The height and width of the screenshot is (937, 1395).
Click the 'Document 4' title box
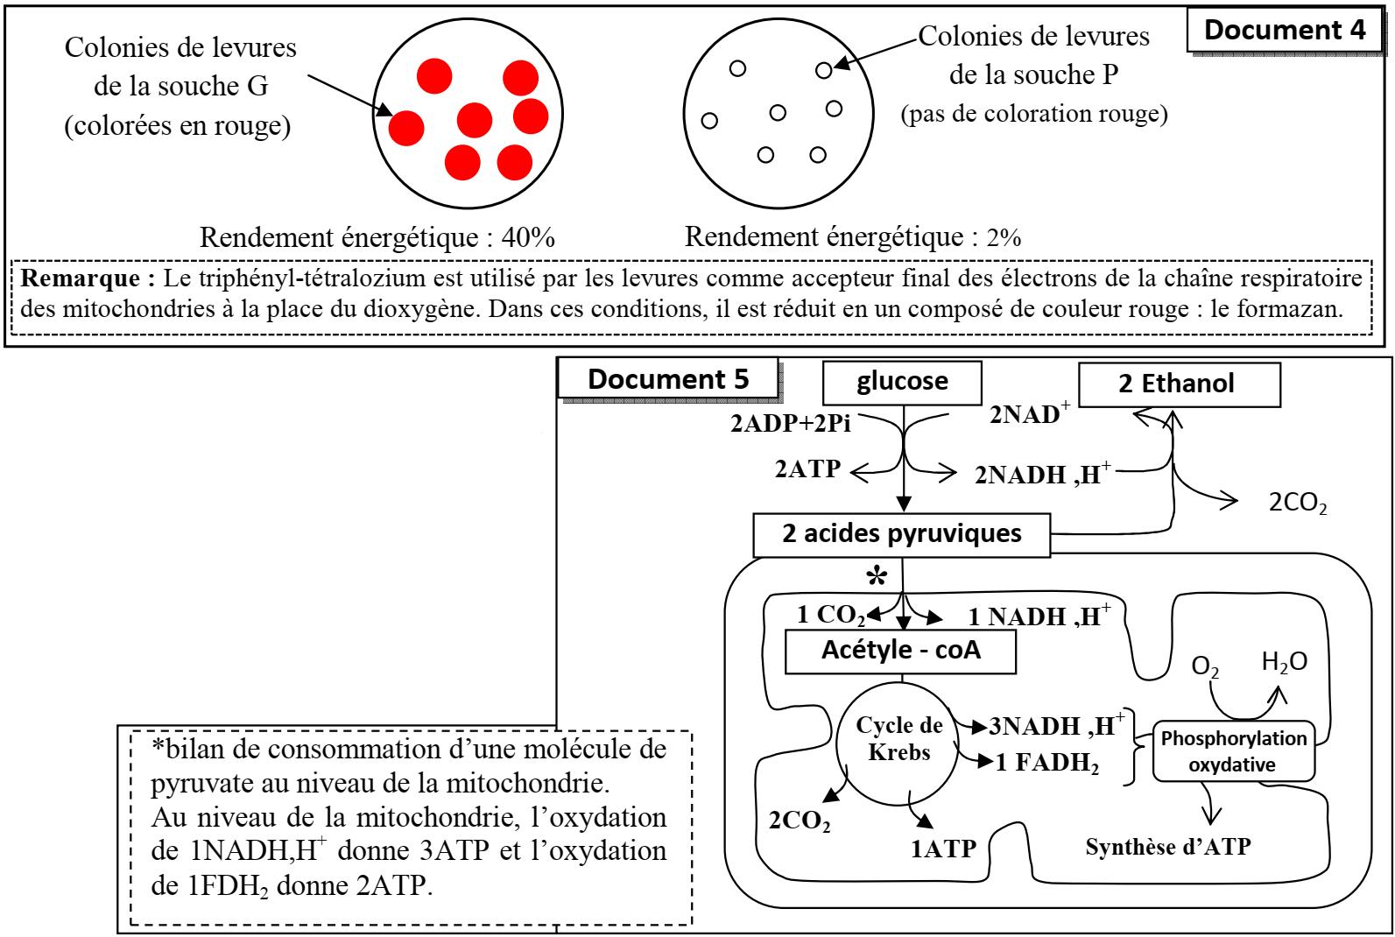pyautogui.click(x=1285, y=30)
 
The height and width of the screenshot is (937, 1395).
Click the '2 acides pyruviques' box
pyautogui.click(x=901, y=533)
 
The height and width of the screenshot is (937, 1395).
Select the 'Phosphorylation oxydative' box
pyautogui.click(x=1234, y=751)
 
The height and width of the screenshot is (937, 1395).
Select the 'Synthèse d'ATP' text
pyautogui.click(x=1168, y=847)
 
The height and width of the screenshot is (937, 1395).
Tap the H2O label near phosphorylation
pyautogui.click(x=1284, y=662)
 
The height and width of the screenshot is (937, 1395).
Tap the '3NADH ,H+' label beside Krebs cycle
pyautogui.click(x=1056, y=726)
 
